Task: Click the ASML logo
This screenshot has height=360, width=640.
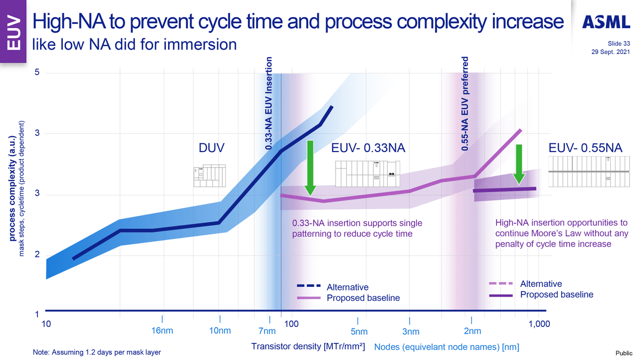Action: tap(606, 21)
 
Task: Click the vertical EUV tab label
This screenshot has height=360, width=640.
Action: tap(13, 33)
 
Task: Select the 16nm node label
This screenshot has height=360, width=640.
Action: tap(162, 331)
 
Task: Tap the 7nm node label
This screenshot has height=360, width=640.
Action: tap(267, 331)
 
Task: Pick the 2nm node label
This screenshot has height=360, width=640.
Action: tap(473, 331)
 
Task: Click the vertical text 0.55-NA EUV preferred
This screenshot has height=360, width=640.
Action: tap(465, 103)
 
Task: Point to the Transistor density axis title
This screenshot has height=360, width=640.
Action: tap(308, 347)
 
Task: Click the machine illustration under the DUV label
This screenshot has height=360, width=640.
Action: tap(209, 175)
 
